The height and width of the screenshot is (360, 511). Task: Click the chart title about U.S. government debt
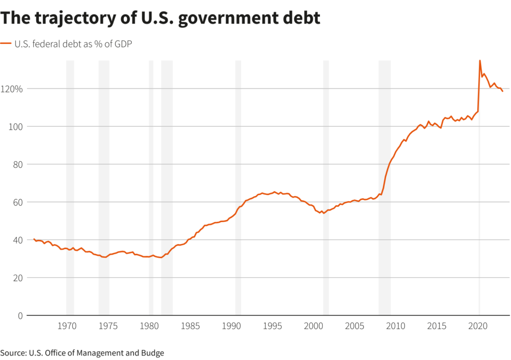(160, 18)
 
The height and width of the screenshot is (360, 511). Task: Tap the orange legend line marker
(6, 44)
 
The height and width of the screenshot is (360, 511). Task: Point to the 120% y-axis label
(11, 89)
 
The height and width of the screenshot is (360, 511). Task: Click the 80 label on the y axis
(15, 164)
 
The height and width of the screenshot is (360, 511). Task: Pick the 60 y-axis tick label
(15, 202)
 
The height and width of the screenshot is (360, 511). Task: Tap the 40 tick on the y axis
(15, 240)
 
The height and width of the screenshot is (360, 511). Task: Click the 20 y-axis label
(15, 278)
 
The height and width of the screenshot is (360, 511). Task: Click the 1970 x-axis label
(67, 327)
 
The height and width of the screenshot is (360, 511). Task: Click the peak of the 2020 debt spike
(480, 60)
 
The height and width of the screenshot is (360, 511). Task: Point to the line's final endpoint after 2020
(503, 91)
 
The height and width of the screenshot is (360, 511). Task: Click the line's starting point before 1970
(34, 239)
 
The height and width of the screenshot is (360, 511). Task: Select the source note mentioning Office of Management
(82, 353)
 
